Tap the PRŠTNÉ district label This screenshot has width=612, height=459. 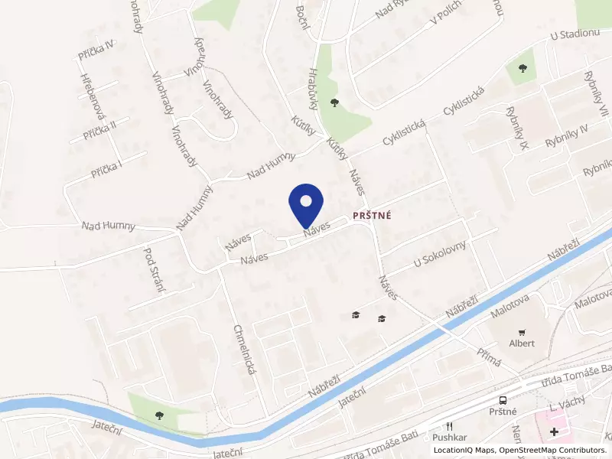point(372,216)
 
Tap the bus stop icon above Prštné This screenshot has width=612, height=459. point(502,400)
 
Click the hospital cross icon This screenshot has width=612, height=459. point(554,432)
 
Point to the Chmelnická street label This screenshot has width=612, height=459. point(244,348)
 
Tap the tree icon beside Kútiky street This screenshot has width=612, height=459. point(334,103)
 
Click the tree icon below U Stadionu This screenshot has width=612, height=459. point(522,68)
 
